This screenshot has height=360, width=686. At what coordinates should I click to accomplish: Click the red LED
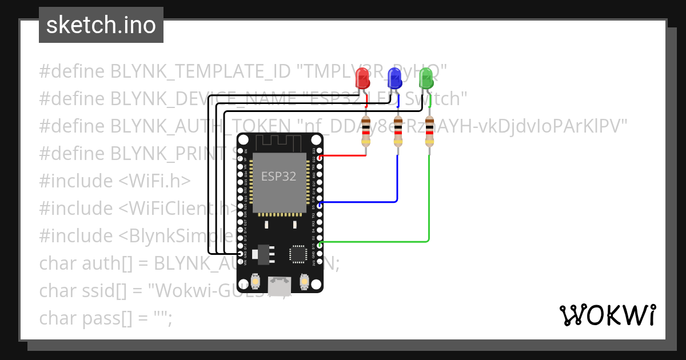point(362,78)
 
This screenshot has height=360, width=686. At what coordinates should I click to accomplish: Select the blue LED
point(394,78)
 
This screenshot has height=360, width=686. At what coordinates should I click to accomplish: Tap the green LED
point(426,78)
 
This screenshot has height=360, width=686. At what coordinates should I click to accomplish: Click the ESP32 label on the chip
point(279,177)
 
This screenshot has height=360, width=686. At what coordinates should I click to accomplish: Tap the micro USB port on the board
point(280,285)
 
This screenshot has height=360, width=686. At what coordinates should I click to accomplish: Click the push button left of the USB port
point(257,282)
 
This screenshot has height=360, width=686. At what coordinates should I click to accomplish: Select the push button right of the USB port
point(304,282)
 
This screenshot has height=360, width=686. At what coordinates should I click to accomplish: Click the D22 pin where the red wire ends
point(319,157)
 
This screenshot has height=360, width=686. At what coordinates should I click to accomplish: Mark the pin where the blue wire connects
point(319,203)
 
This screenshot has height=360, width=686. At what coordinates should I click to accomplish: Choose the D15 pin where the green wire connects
point(319,245)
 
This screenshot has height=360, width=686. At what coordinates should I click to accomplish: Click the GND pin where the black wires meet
point(241,254)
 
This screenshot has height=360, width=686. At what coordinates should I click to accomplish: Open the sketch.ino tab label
point(101,25)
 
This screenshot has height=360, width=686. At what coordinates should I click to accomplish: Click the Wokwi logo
point(607,315)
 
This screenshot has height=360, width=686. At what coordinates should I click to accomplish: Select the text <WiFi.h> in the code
point(154,181)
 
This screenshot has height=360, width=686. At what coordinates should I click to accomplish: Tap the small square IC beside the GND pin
point(298,254)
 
